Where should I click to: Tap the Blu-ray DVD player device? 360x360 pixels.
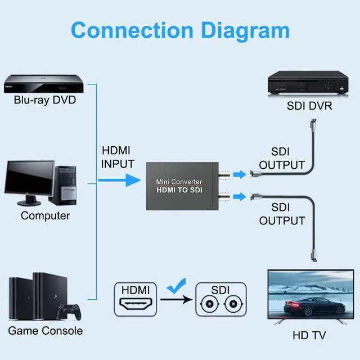pyautogui.click(x=44, y=85)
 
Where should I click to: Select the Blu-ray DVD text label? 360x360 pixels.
pyautogui.click(x=44, y=101)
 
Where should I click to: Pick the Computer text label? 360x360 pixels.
pyautogui.click(x=45, y=215)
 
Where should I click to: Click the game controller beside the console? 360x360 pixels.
pyautogui.click(x=70, y=311)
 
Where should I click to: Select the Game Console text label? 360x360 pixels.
pyautogui.click(x=45, y=331)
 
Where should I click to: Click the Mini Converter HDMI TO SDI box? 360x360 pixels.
pyautogui.click(x=179, y=186)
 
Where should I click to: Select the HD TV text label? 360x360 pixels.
pyautogui.click(x=309, y=336)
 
